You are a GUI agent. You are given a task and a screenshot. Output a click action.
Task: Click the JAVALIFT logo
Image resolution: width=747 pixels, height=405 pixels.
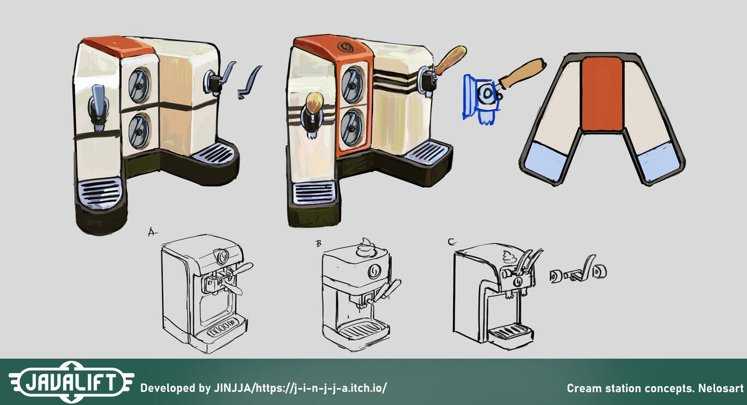(x=71, y=382)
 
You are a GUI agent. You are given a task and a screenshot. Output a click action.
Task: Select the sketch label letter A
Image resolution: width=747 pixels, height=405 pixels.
(x=152, y=232)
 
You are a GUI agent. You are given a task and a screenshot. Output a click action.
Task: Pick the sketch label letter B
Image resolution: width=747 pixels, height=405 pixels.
(x=319, y=244)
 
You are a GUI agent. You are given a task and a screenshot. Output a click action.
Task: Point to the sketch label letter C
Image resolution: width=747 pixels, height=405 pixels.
(x=452, y=242)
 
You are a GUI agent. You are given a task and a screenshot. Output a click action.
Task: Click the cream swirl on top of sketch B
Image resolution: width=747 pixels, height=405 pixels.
(x=366, y=247)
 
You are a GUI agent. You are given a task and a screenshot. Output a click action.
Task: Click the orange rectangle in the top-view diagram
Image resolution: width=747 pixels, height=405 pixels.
(x=602, y=94)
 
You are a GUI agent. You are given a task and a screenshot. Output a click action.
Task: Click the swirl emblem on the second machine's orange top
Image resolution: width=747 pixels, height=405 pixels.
(x=345, y=47)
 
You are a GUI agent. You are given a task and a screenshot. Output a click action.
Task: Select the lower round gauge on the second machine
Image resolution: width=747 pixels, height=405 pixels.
(x=352, y=127)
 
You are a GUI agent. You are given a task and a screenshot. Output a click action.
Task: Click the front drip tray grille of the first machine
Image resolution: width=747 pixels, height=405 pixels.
(x=99, y=193)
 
